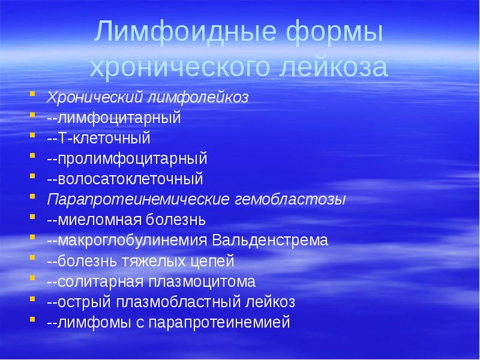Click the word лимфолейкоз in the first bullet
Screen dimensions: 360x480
pos(198,97)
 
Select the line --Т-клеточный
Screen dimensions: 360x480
pos(98,138)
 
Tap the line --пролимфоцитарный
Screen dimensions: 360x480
pos(127,158)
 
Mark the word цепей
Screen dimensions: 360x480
pos(213,261)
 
